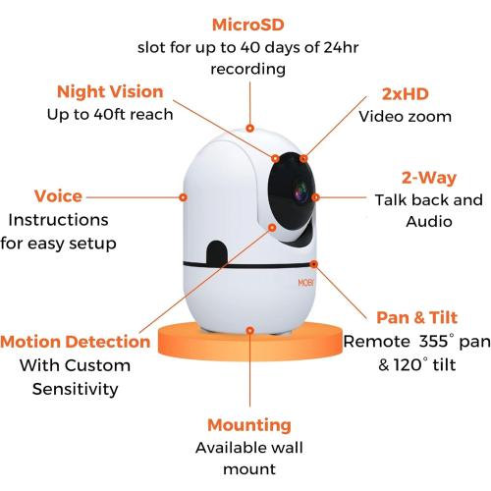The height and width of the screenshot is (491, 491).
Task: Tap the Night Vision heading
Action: pos(109,91)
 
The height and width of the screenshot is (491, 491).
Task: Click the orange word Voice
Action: pos(58,196)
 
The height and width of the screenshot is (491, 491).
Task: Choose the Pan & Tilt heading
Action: pos(416,318)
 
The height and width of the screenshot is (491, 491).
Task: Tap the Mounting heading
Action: pos(248,425)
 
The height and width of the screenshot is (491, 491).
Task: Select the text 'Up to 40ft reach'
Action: pos(109,114)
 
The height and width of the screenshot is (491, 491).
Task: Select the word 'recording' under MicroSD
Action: pos(247,69)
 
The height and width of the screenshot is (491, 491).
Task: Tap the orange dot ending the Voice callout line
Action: pos(183,196)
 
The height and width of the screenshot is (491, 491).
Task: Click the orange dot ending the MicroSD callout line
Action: pos(249,127)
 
